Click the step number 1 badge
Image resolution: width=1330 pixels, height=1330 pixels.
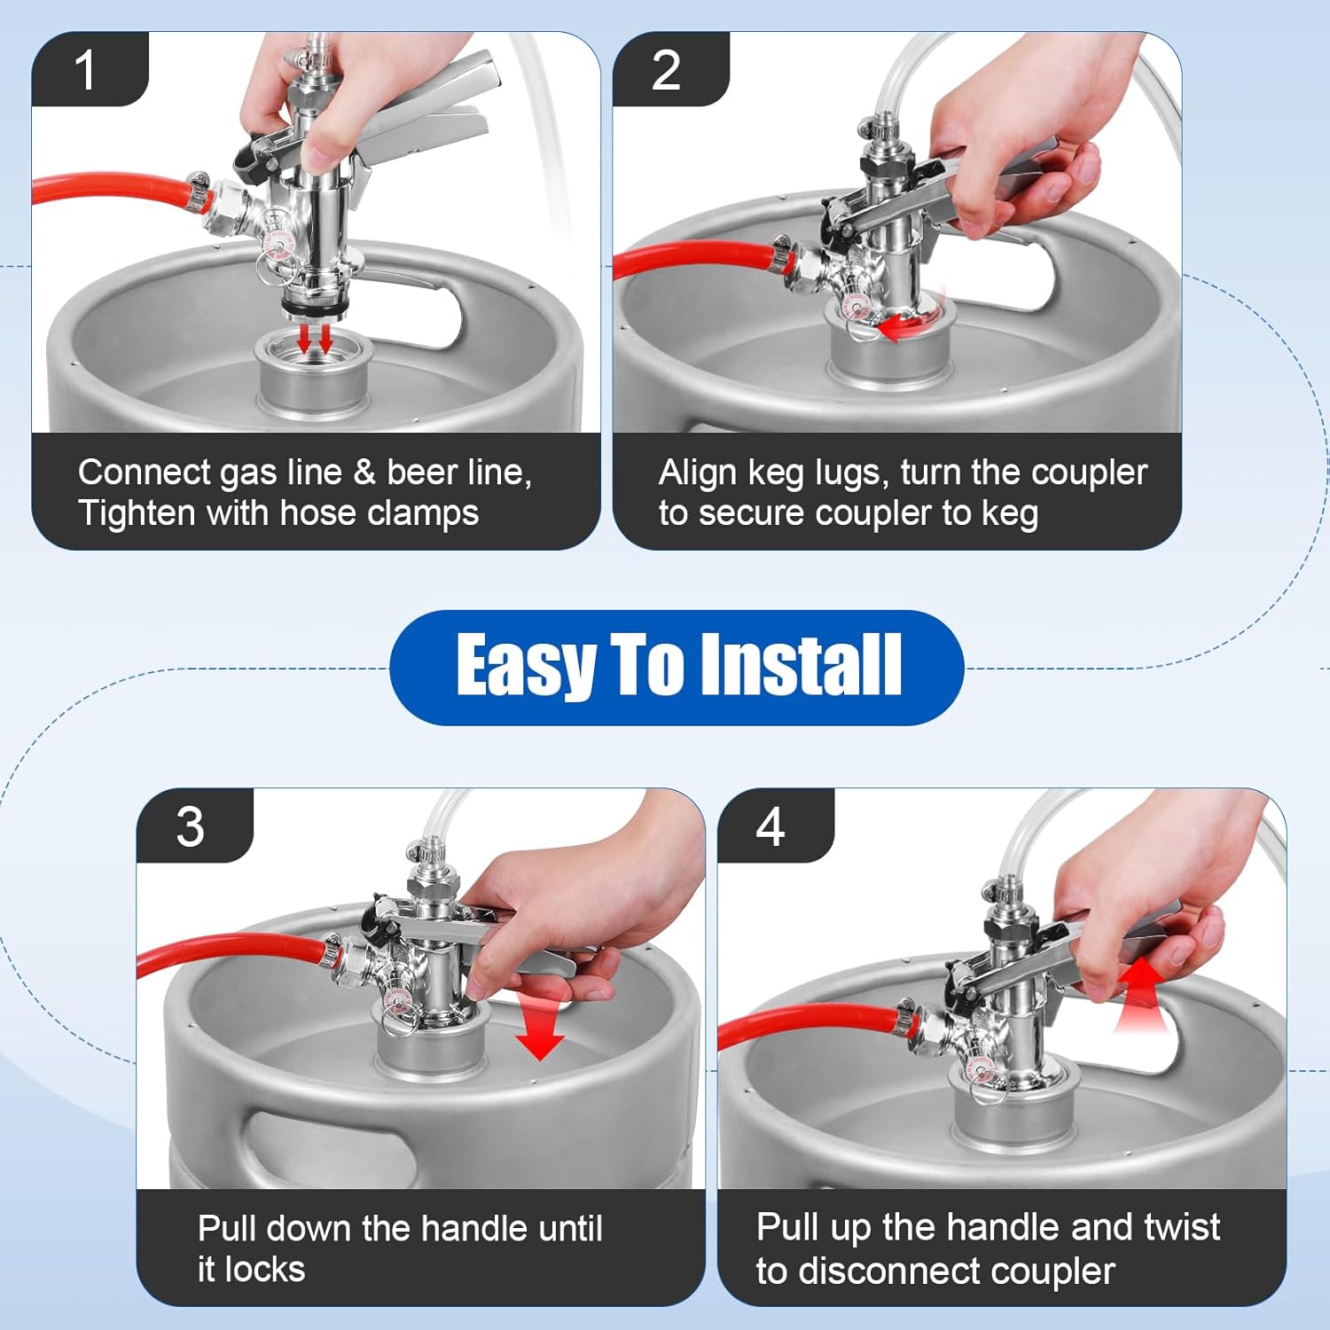[86, 70]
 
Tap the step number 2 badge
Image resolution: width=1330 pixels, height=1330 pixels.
[666, 70]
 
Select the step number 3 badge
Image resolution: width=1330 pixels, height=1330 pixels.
[191, 826]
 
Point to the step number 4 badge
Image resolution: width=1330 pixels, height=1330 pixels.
[771, 826]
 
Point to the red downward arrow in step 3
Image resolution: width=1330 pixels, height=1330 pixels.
[539, 1033]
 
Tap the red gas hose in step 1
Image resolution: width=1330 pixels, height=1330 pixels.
[106, 187]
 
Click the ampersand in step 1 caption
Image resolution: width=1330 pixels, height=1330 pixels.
[364, 473]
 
